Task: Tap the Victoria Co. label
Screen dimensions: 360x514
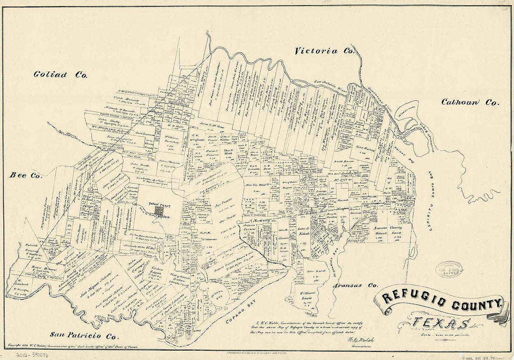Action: pyautogui.click(x=322, y=51)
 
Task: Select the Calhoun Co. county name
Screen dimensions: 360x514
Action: pyautogui.click(x=470, y=102)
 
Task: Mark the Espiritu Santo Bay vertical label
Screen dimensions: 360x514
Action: pyautogui.click(x=432, y=203)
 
